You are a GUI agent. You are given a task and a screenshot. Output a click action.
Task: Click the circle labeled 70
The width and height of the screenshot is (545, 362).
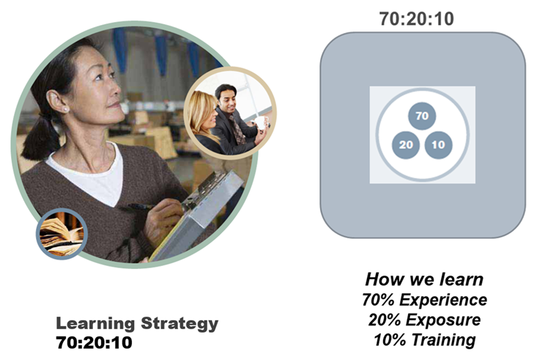click(x=422, y=116)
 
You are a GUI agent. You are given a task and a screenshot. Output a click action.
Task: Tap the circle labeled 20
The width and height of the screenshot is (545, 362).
click(x=406, y=145)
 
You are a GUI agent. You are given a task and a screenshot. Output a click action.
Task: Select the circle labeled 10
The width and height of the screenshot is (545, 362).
click(x=438, y=145)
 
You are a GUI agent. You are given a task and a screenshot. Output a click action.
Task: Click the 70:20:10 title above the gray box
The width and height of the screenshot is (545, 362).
click(x=416, y=18)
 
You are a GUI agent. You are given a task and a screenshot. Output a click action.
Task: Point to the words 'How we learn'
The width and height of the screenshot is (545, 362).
click(x=424, y=279)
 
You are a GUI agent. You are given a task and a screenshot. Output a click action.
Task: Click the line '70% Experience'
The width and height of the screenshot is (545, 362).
click(x=424, y=300)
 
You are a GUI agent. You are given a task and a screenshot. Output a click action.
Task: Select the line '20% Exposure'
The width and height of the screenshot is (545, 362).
click(x=424, y=319)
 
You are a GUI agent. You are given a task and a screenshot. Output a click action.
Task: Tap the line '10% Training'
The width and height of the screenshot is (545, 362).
click(x=424, y=339)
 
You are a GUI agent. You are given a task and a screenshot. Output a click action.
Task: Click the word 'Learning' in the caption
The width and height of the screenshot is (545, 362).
click(x=95, y=323)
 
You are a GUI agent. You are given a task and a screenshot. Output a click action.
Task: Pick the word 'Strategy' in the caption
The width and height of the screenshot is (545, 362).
click(x=179, y=323)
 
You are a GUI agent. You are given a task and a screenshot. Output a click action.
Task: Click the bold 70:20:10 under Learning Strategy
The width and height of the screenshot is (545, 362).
click(x=94, y=342)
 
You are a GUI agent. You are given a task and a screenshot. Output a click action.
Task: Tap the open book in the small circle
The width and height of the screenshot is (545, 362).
click(x=62, y=234)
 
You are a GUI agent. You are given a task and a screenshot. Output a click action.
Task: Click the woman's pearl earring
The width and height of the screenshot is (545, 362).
click(x=65, y=110)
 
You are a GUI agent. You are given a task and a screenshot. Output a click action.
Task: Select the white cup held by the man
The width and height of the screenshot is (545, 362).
click(x=259, y=123)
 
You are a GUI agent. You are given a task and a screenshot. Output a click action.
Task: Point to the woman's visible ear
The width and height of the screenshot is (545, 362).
click(x=56, y=101)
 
